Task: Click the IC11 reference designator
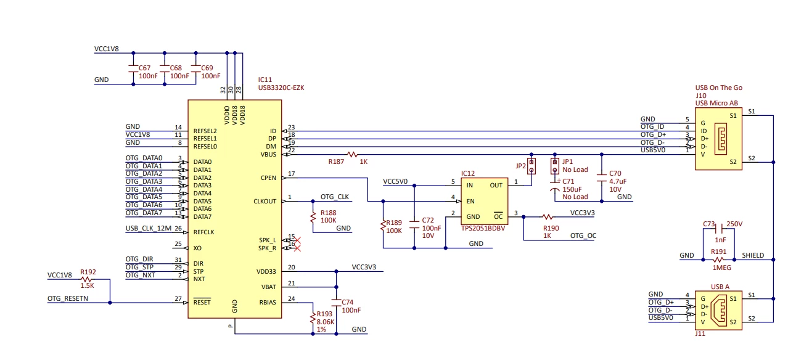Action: click(265, 80)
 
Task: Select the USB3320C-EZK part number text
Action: click(281, 88)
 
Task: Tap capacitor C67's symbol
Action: click(133, 68)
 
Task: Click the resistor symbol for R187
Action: click(352, 154)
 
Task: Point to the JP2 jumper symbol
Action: click(531, 166)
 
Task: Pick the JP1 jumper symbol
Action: click(555, 166)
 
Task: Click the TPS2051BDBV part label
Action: click(483, 228)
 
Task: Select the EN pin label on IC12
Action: click(470, 202)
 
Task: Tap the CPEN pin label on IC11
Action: click(268, 178)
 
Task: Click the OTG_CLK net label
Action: click(335, 197)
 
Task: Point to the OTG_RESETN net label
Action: click(68, 298)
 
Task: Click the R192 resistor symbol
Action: click(86, 279)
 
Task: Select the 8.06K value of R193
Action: click(326, 322)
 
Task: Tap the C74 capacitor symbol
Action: click(336, 302)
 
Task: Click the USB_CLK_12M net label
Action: click(149, 228)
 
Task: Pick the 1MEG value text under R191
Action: click(722, 268)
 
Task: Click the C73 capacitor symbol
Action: click(719, 229)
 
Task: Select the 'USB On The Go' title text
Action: click(719, 88)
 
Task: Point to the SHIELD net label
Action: click(753, 255)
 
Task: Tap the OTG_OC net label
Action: click(583, 235)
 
